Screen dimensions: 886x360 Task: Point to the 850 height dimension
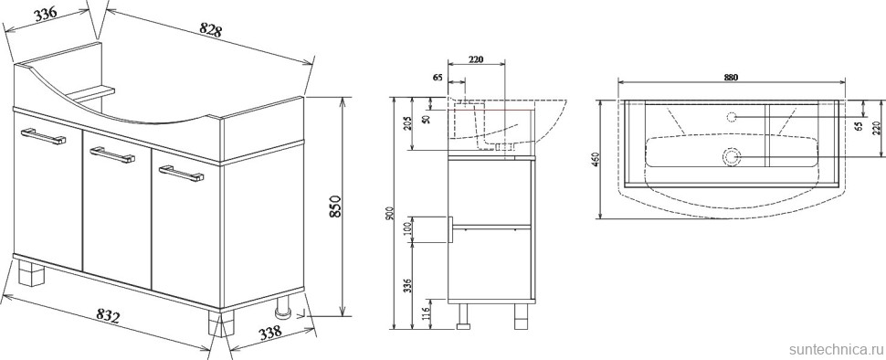pos(334,206)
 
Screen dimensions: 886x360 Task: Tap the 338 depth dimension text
pos(270,333)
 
